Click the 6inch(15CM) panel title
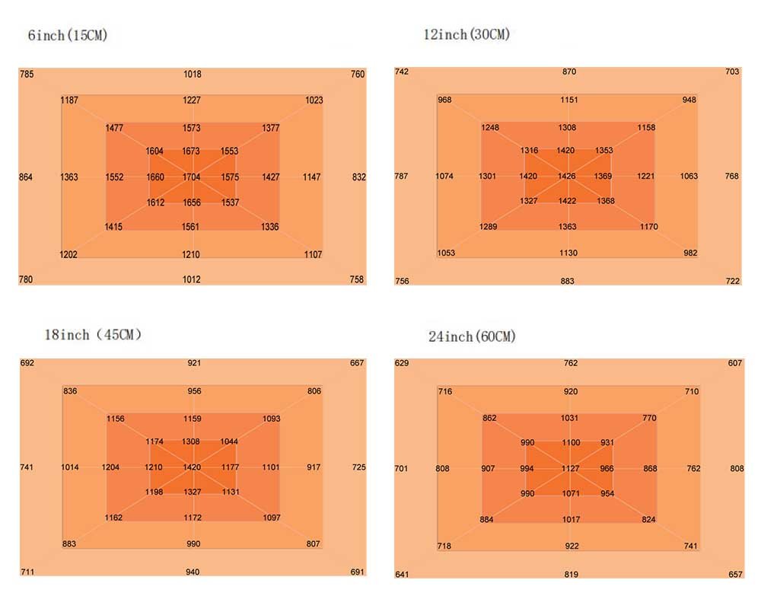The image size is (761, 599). (x=68, y=36)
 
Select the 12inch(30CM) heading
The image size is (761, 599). (x=466, y=34)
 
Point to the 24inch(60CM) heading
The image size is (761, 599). (x=472, y=336)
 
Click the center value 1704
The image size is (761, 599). (x=192, y=177)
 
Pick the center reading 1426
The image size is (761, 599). (x=567, y=177)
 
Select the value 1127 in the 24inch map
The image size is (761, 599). (x=571, y=469)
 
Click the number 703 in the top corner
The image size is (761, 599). (x=732, y=72)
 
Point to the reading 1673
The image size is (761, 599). (x=192, y=151)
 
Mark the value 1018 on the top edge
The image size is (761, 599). (x=192, y=75)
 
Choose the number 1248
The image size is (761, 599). (x=490, y=127)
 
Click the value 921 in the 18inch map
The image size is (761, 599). (x=194, y=363)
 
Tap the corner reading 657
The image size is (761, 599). (x=735, y=575)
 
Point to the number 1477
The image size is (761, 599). (x=114, y=128)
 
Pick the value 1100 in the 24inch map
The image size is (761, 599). (x=571, y=443)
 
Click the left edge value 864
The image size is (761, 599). (x=26, y=177)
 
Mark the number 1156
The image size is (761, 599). (x=116, y=419)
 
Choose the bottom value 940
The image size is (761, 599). (x=193, y=572)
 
